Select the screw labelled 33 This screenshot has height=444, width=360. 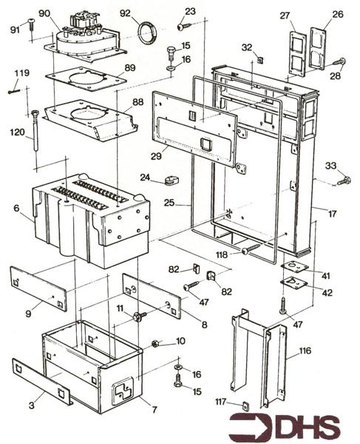344,180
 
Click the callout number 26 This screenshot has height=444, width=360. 338,14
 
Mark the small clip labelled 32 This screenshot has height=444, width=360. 260,58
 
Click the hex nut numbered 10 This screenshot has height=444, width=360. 155,343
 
